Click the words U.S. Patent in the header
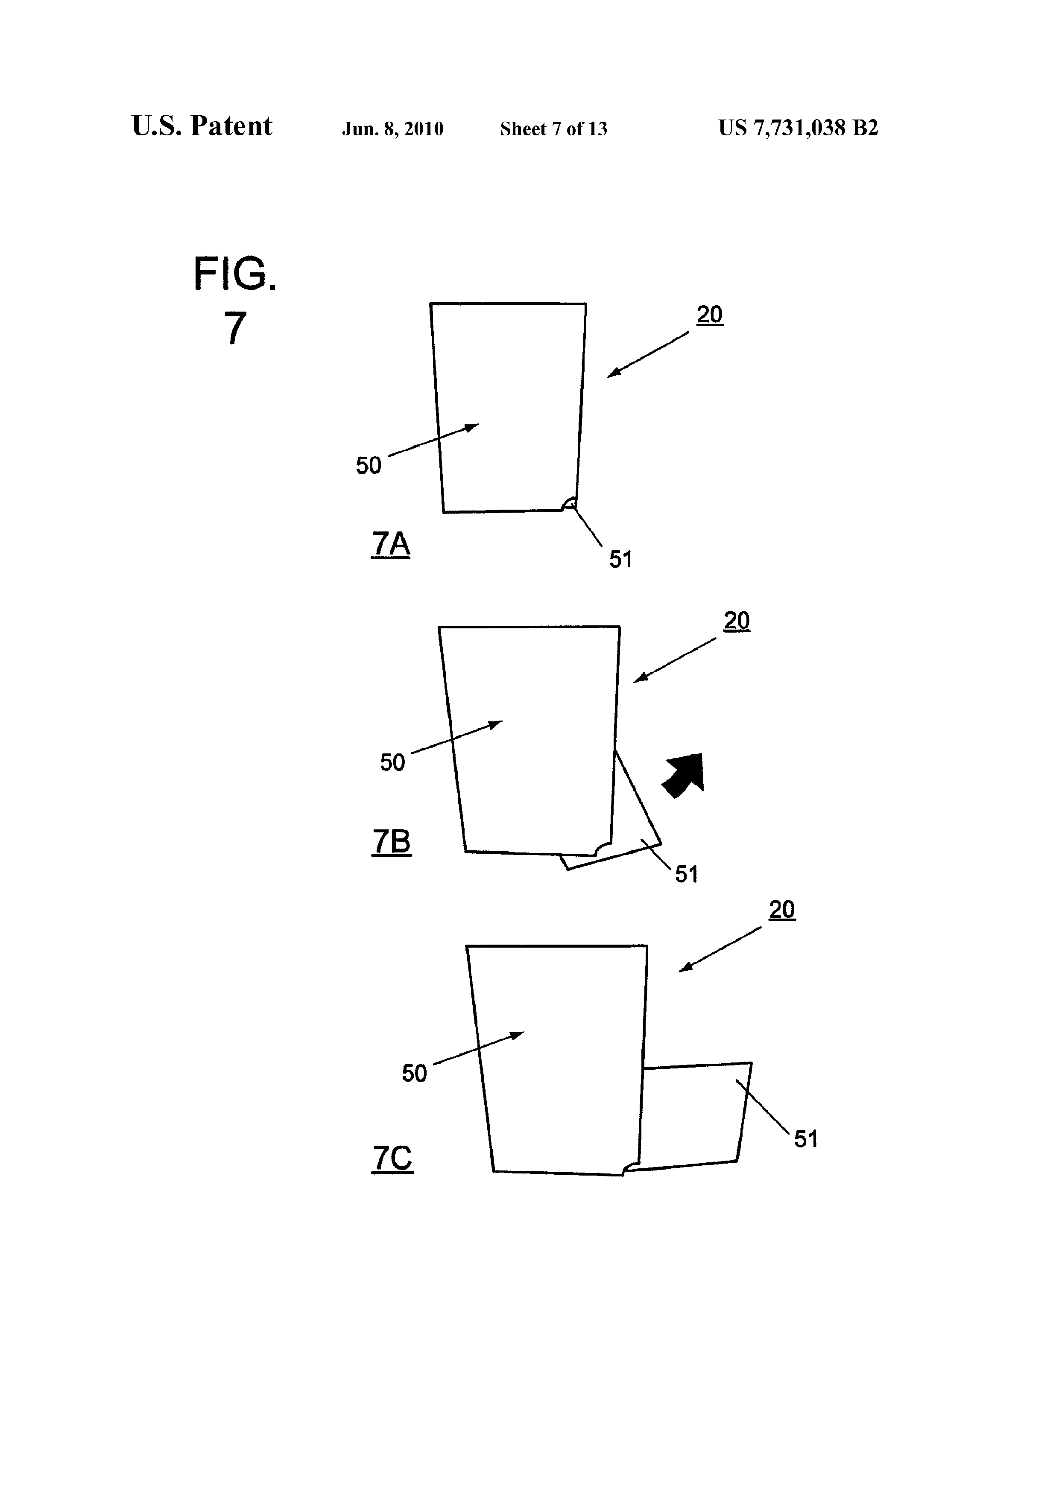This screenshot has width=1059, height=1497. point(202,126)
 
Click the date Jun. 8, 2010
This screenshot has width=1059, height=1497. point(392,129)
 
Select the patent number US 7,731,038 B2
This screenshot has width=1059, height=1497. point(798,128)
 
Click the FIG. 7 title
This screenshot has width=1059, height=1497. point(235,301)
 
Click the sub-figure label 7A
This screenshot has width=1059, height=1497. point(391,544)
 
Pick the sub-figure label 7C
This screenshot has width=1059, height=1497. point(392,1158)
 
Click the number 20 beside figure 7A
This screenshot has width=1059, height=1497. point(709,315)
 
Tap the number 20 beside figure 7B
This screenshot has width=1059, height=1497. point(737,621)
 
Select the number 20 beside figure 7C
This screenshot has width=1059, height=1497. point(782,910)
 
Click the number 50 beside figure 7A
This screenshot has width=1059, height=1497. point(369,466)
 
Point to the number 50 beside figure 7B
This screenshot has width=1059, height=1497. point(392,762)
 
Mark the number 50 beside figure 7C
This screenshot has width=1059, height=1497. point(414,1073)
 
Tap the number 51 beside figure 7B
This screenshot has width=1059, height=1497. point(687,874)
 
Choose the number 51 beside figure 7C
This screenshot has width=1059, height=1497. point(806,1139)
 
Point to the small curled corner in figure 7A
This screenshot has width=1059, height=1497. point(569,503)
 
